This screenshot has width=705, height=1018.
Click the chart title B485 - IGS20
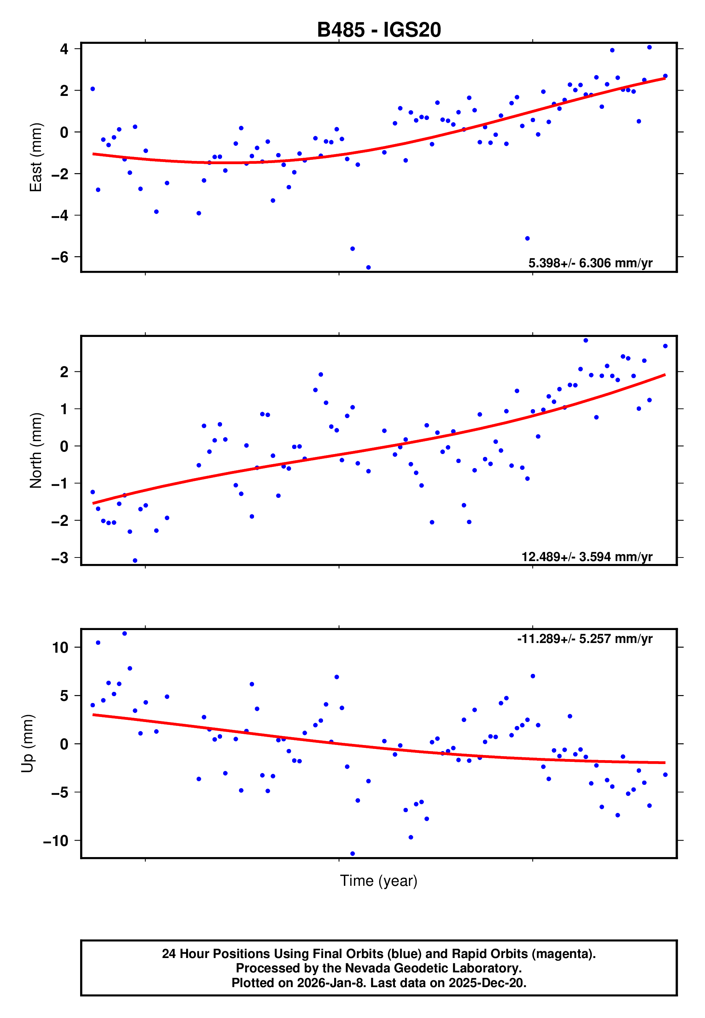click(x=379, y=30)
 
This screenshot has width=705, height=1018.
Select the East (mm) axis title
click(x=35, y=157)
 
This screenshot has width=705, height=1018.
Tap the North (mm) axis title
click(x=35, y=450)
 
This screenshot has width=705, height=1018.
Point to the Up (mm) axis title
click(x=27, y=744)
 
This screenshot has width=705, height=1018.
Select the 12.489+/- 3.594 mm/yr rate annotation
click(x=587, y=557)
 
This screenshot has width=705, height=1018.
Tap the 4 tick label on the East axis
click(x=64, y=49)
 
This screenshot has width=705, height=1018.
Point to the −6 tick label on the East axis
click(x=60, y=257)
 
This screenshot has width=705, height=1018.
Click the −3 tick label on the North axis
click(x=60, y=558)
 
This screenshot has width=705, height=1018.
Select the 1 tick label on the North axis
click(x=64, y=409)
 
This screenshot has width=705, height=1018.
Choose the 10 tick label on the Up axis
click(x=60, y=648)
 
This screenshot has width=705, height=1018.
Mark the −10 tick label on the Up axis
click(x=56, y=841)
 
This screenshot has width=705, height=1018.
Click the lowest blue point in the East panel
click(x=368, y=268)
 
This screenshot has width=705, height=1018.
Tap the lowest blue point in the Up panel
click(x=352, y=854)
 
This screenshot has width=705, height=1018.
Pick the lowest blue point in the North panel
click(x=135, y=561)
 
